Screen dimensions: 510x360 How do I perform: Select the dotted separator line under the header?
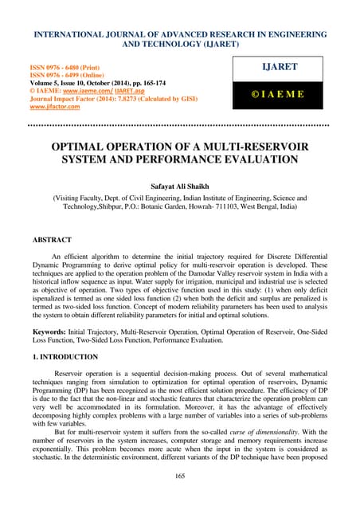pos(180,124)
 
